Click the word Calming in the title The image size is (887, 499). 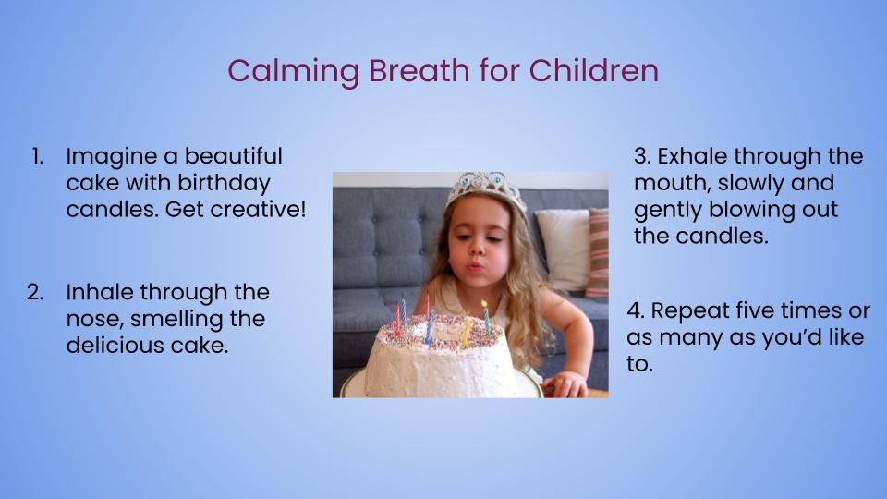point(294,72)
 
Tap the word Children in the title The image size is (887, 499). point(594,70)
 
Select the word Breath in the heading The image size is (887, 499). point(419,70)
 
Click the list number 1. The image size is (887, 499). point(37,156)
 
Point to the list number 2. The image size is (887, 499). point(35,292)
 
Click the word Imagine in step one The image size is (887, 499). point(112,157)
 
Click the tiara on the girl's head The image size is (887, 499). point(485,188)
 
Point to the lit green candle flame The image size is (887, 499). point(485,305)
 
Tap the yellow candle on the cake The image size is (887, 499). point(466,331)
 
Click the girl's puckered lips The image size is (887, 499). point(474,265)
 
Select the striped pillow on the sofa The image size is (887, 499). point(598,252)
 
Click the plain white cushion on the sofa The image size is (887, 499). point(564,249)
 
